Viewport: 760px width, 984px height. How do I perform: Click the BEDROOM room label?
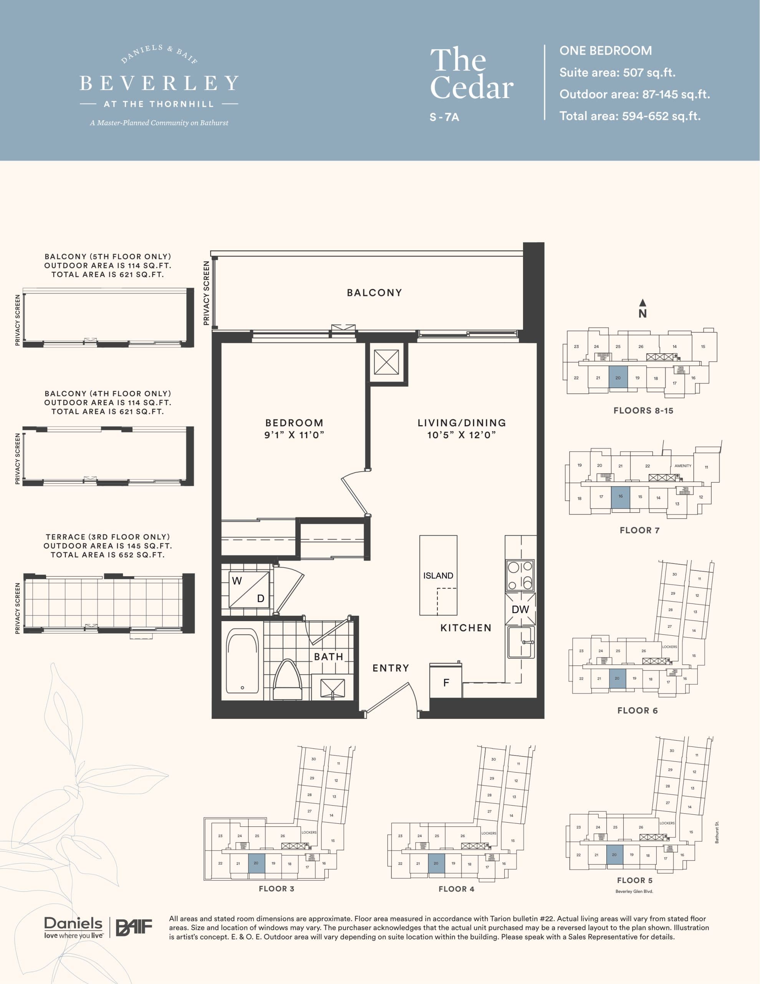[294, 422]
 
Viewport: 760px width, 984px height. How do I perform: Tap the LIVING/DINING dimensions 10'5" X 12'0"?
[462, 435]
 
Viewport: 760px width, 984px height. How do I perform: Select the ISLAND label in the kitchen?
[438, 575]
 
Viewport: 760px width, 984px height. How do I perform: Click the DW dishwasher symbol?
[520, 609]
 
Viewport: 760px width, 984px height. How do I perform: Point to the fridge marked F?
[446, 683]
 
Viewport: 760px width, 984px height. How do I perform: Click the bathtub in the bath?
[242, 661]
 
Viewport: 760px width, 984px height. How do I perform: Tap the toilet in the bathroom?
[287, 680]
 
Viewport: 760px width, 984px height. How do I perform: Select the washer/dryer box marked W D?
[248, 589]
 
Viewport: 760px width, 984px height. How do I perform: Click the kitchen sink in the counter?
[521, 642]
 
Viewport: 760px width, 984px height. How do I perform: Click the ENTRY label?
[390, 668]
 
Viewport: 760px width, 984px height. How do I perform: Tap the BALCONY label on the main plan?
[374, 293]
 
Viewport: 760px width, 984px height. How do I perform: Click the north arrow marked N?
[642, 309]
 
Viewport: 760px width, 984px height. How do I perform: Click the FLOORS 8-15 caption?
[643, 411]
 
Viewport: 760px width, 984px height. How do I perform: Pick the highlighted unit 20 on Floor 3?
[257, 863]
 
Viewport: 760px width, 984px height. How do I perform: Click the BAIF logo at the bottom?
[134, 927]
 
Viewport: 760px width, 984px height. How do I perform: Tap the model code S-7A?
[444, 117]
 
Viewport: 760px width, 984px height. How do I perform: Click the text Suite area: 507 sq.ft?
[617, 73]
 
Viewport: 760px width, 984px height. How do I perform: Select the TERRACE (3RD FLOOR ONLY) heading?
[108, 537]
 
